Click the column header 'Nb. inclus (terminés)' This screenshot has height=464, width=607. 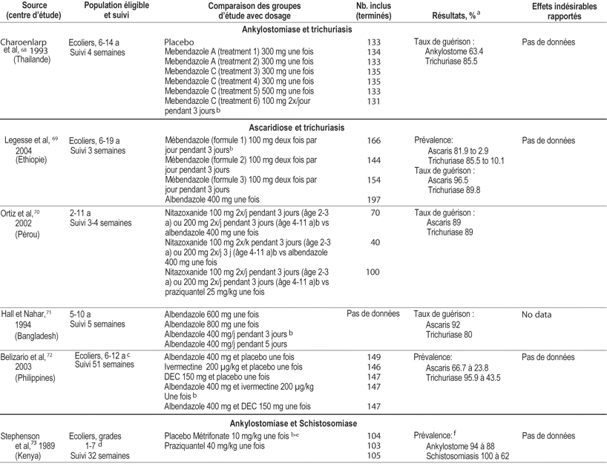click(x=373, y=10)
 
